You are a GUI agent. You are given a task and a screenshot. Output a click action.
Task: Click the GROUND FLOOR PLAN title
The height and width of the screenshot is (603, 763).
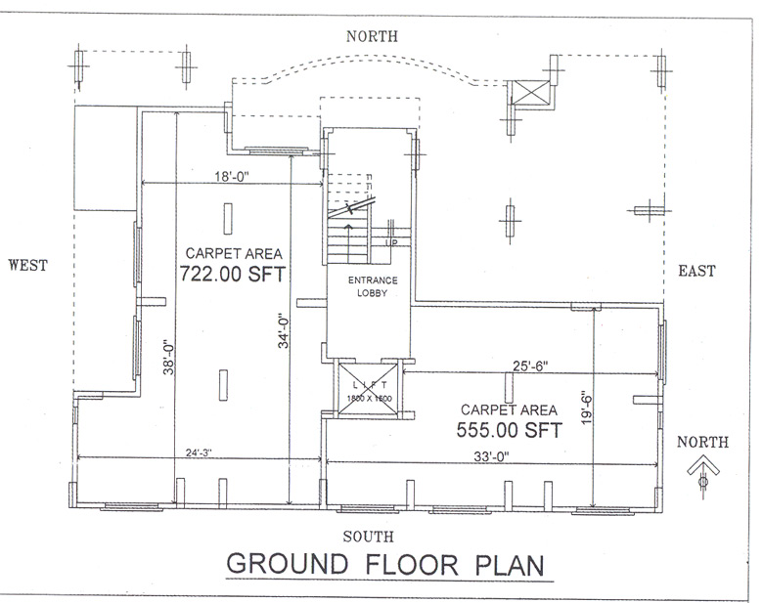pos(383,565)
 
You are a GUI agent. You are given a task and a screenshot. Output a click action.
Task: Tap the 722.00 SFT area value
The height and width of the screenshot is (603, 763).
pos(232,275)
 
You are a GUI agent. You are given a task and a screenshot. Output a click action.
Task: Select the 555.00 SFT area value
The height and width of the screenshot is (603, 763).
pos(509,429)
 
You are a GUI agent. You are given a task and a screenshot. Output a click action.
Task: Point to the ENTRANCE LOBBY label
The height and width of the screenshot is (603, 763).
pos(366,286)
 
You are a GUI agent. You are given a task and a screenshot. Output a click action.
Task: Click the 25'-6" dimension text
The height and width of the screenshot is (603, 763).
pos(530,366)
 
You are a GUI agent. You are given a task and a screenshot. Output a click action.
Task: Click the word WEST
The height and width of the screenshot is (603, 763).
pos(28,265)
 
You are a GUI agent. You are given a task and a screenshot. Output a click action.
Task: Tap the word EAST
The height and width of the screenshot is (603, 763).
pos(696,271)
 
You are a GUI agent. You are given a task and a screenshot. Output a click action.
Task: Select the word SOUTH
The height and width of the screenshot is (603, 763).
pos(369,536)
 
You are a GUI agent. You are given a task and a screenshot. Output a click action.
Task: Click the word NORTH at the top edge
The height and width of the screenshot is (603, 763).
pos(372,36)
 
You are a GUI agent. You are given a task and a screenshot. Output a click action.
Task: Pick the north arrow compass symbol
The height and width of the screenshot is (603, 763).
pos(702,473)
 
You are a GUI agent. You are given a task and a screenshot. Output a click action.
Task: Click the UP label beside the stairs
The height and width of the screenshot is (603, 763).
pos(392,242)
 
